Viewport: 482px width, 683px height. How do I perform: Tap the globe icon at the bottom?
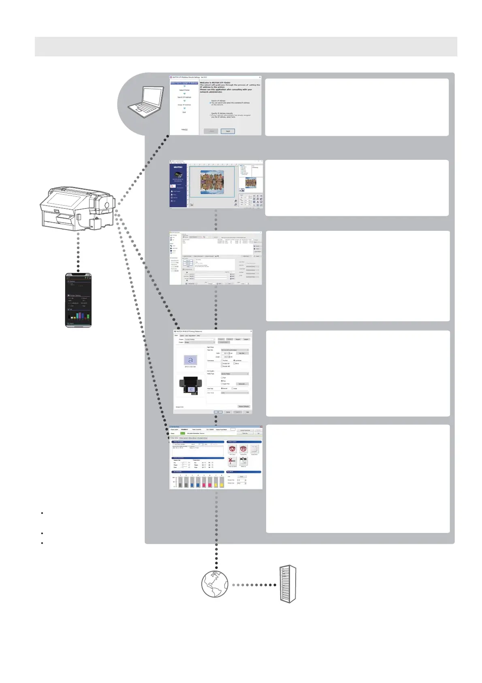coord(215,584)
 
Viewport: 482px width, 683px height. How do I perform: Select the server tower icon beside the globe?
coord(288,584)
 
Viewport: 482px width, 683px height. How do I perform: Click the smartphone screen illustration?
coord(78,300)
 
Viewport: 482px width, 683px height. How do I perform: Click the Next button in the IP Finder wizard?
coord(228,131)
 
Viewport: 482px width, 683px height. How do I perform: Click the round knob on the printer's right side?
coord(107,205)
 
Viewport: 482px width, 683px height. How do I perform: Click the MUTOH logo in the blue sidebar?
coord(178,167)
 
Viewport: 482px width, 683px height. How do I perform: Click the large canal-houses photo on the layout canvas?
coord(212,182)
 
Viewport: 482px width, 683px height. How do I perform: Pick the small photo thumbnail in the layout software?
coord(251,183)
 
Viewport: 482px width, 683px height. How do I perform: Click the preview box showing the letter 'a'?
coord(190,360)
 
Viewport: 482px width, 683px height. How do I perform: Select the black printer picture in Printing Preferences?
coord(190,385)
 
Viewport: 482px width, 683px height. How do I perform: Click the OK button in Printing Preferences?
coord(218,412)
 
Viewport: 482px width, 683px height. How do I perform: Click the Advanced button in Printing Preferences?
coord(242,384)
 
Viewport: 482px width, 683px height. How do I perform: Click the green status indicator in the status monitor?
coord(182,433)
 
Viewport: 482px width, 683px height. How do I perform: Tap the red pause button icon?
coord(243,449)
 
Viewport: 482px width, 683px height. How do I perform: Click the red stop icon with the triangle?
coord(232,449)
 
